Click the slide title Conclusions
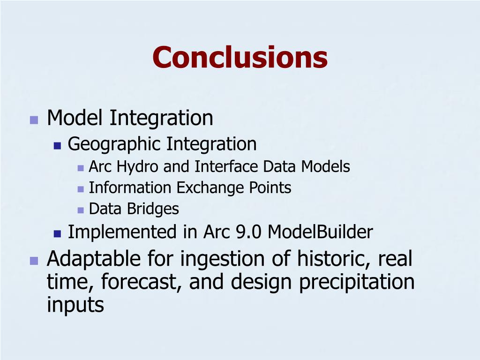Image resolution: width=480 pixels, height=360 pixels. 240,57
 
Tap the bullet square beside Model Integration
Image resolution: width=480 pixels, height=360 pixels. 34,120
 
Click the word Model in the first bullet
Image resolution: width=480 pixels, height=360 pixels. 75,118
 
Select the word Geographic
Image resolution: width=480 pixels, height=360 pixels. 114,144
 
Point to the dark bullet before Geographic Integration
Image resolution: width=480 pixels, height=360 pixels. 57,145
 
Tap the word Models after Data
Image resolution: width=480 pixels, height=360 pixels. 325,167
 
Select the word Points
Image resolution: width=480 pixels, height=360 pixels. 270,187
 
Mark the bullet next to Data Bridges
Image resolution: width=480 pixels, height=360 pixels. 81,210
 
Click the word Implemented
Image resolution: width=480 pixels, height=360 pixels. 122,232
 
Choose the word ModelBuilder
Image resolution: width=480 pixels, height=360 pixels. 320,232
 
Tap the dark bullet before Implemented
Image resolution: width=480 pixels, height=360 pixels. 57,234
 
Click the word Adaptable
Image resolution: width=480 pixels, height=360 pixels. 94,259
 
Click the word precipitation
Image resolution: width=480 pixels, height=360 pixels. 357,282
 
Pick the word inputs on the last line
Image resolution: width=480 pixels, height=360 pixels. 75,305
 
